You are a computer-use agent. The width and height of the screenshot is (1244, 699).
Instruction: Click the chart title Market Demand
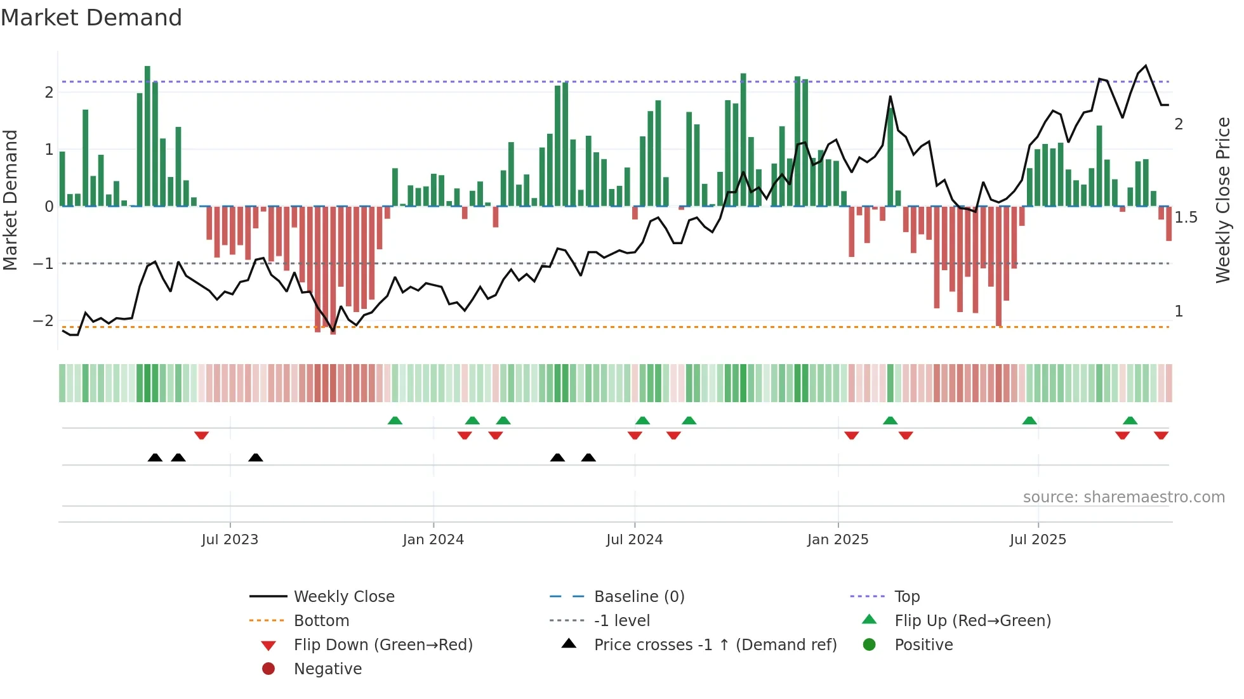(x=91, y=18)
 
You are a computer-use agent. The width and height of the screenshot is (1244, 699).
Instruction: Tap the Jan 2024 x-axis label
(x=433, y=540)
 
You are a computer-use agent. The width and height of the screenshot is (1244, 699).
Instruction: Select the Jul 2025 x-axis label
(x=1038, y=540)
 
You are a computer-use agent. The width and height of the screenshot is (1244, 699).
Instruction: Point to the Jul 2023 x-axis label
(x=230, y=540)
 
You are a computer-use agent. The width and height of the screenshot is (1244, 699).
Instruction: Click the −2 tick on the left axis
(x=43, y=321)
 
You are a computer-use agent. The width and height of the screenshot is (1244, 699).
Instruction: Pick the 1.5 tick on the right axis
(x=1186, y=218)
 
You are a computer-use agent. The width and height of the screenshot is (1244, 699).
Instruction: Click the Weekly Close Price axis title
(x=1223, y=200)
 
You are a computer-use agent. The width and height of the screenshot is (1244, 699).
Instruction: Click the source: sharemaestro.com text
(x=1123, y=497)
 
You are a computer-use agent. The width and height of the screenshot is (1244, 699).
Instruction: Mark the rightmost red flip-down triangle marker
(x=1161, y=435)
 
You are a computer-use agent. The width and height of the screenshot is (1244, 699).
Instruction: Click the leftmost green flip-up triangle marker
(x=395, y=421)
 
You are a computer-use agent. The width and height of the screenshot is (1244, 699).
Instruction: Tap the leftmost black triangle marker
(x=155, y=457)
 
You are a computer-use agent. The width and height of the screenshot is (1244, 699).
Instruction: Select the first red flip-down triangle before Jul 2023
(x=201, y=435)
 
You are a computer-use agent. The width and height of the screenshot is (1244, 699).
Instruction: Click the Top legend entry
(x=906, y=597)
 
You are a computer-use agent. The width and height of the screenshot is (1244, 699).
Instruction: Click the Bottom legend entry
(x=321, y=621)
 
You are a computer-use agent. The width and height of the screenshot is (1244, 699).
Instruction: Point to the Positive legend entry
(x=923, y=645)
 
